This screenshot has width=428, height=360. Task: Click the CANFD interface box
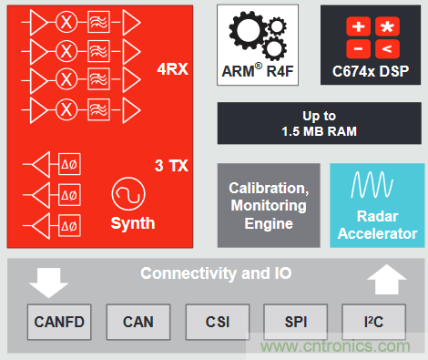click(59, 322)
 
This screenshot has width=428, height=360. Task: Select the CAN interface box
click(138, 322)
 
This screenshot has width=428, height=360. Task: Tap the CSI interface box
click(218, 322)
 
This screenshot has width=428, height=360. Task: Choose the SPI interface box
click(296, 322)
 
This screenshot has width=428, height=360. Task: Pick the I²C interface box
click(373, 322)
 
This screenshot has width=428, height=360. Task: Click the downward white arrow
click(48, 283)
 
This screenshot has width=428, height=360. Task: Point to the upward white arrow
click(387, 280)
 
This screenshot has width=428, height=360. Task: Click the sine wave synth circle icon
click(128, 194)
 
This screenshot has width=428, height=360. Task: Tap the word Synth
click(133, 223)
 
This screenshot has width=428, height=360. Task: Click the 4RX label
click(172, 69)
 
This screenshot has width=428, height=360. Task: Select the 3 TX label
click(171, 166)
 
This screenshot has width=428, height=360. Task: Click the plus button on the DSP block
click(359, 26)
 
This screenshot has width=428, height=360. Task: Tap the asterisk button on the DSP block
click(387, 26)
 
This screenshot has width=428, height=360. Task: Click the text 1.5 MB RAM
click(319, 131)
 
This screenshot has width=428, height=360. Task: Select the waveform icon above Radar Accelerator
click(372, 185)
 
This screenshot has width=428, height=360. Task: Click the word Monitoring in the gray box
click(269, 206)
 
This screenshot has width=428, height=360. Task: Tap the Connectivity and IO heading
click(216, 273)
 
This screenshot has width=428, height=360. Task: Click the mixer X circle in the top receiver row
click(66, 22)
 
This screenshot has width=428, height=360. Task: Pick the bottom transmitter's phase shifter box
click(69, 226)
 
